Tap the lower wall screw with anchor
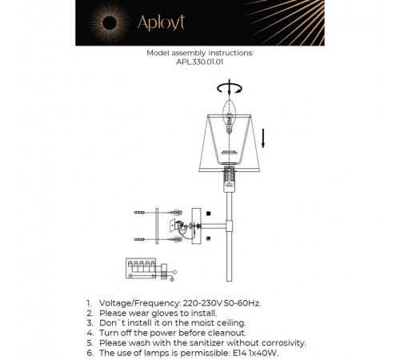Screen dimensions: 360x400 (142, 238)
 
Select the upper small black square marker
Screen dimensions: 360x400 (207, 214)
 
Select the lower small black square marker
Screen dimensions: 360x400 (207, 238)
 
